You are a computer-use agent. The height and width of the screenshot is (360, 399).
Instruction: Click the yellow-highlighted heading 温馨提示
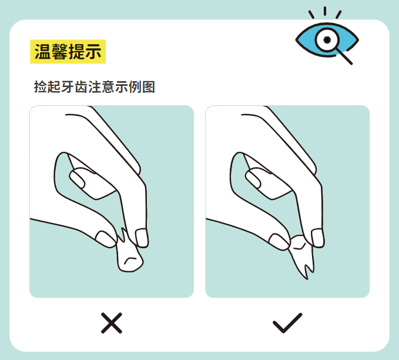point(68,52)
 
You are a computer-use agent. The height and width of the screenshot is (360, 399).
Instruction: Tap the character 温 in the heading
point(41,52)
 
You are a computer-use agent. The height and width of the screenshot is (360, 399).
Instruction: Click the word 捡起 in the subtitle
point(49,87)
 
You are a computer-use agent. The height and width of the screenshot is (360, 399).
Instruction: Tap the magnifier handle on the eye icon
point(344,56)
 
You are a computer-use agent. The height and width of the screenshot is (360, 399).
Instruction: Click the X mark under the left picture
point(111,323)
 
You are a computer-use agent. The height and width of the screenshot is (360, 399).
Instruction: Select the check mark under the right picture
point(287,322)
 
